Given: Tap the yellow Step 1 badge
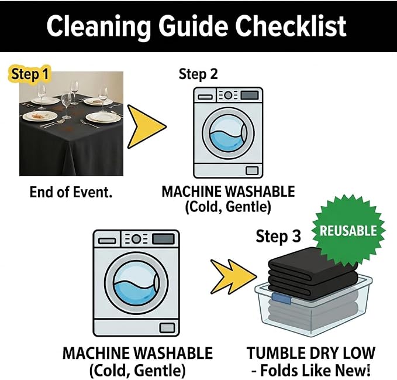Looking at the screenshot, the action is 30,74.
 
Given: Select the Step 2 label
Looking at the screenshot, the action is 198,74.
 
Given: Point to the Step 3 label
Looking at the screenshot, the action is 278,237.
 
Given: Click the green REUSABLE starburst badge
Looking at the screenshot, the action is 348,231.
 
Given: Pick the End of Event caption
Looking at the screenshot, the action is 71,192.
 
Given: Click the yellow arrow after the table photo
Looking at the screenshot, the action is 146,126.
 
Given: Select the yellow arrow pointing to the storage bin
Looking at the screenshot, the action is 233,276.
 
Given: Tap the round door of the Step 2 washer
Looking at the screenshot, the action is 228,133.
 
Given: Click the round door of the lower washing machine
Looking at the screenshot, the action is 136,283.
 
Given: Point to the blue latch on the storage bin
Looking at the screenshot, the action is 282,299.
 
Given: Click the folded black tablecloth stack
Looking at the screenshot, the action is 313,272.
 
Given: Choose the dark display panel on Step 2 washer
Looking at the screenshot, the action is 250,95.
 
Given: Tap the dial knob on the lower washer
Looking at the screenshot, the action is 136,239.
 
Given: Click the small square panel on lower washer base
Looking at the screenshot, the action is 167,328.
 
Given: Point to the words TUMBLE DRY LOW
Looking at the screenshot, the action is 311,353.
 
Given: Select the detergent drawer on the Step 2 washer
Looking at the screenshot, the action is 205,97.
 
